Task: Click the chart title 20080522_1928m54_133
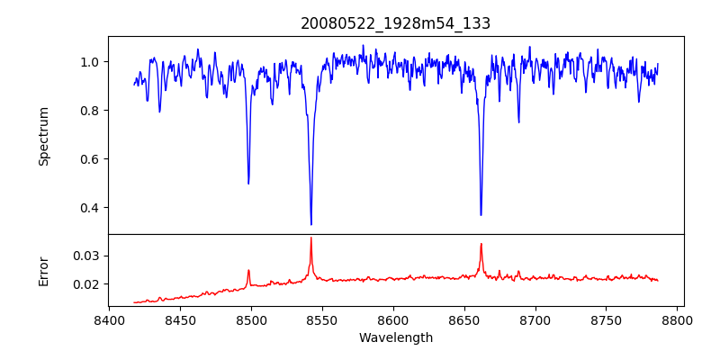[x=395, y=23]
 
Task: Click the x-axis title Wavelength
[x=395, y=337]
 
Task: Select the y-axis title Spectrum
[x=43, y=136]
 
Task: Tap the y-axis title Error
[x=43, y=270]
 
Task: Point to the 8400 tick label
[x=109, y=319]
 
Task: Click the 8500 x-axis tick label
[x=251, y=319]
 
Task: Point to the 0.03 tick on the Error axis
[x=89, y=256]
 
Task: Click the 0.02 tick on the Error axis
[x=89, y=284]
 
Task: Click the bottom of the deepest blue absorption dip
[x=311, y=224]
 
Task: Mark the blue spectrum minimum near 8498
[x=248, y=184]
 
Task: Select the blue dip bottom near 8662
[x=481, y=214]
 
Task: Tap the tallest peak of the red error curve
[x=311, y=238]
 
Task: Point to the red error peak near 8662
[x=481, y=244]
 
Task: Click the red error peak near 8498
[x=248, y=270]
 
